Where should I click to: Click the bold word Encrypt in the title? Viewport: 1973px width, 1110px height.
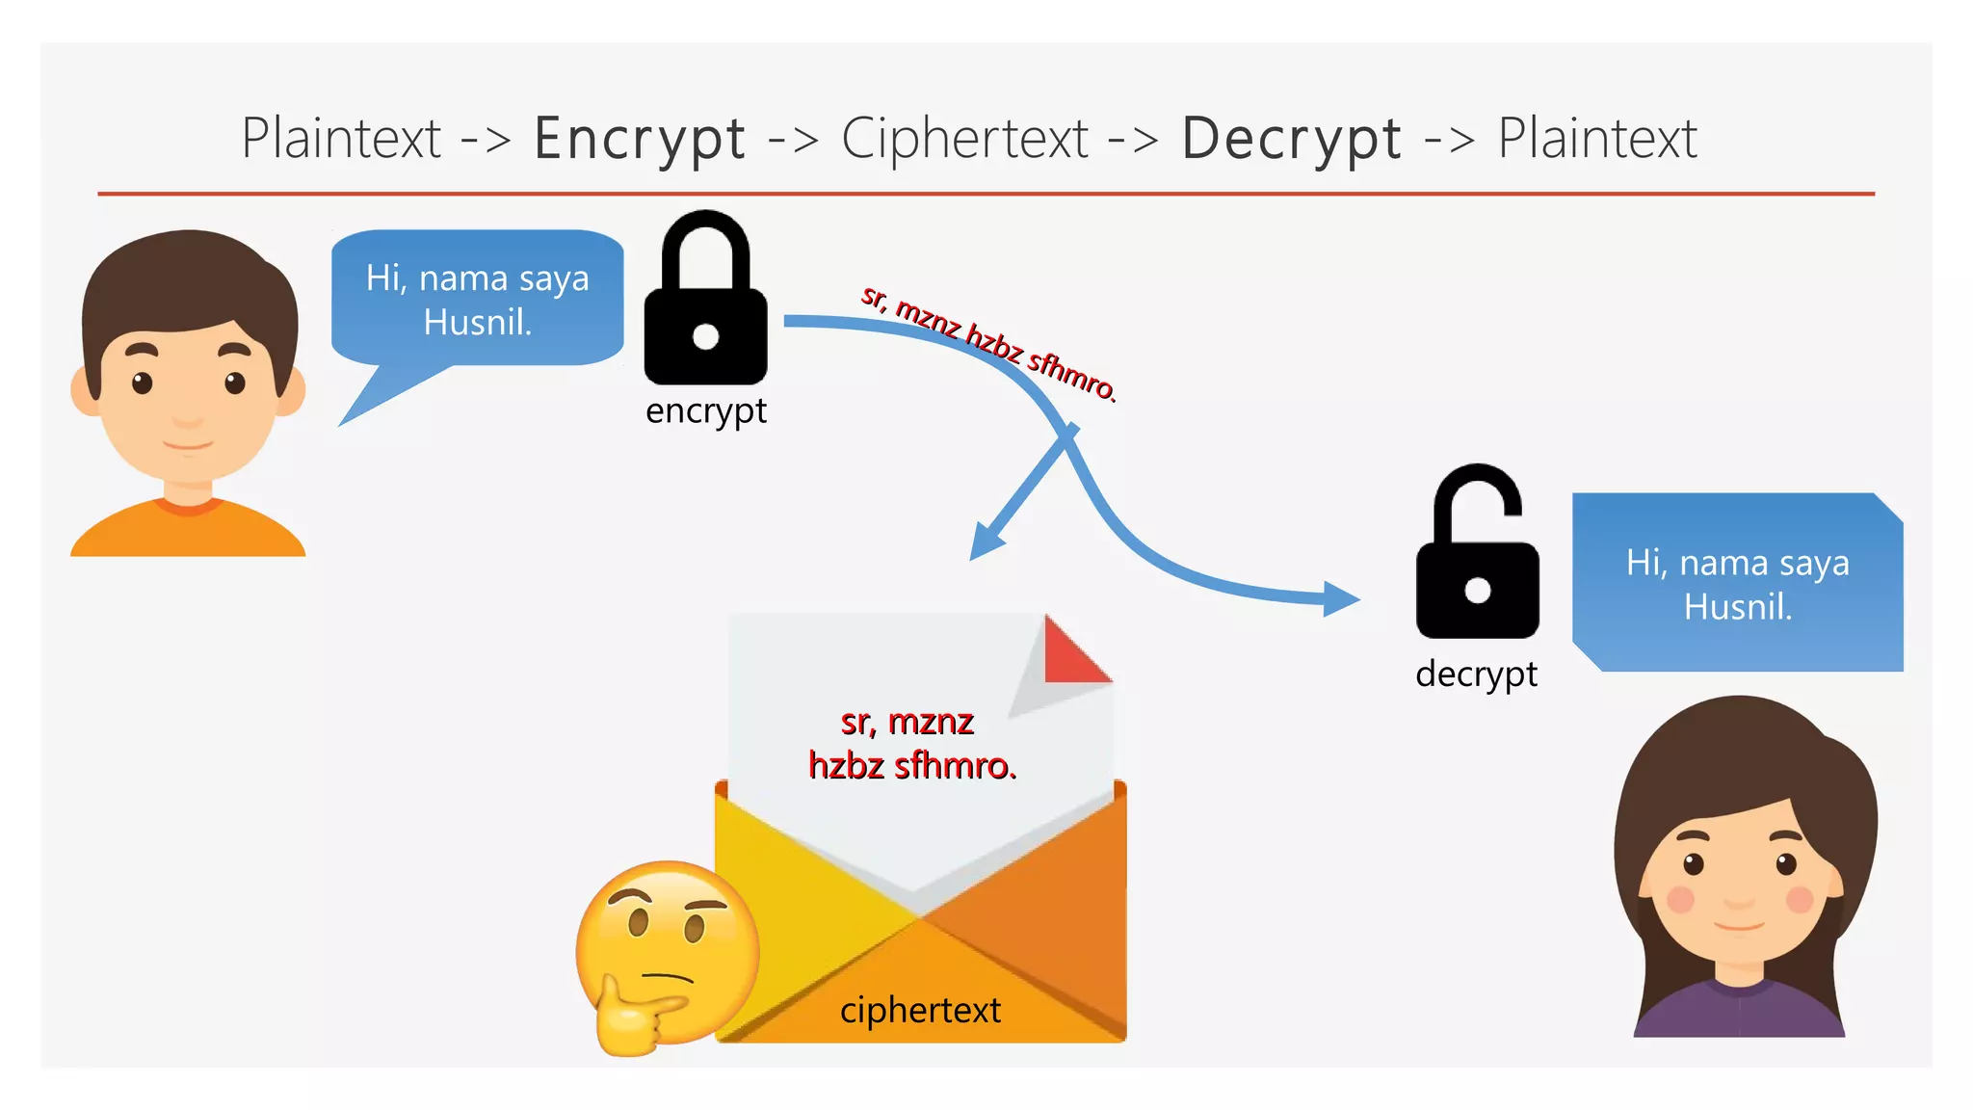click(x=640, y=139)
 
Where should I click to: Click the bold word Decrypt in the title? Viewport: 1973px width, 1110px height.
click(x=1291, y=139)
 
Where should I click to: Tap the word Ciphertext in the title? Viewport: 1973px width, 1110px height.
click(x=964, y=139)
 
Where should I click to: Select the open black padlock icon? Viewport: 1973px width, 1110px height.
click(x=1477, y=568)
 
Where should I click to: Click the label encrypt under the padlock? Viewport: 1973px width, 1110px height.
click(x=705, y=411)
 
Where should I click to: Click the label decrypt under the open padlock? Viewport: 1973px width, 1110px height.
click(x=1476, y=674)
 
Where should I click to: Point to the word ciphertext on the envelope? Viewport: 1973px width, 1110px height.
click(x=920, y=1010)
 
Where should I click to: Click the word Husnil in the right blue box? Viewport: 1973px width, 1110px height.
click(x=1736, y=607)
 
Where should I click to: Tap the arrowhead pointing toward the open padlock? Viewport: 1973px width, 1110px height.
click(x=1341, y=598)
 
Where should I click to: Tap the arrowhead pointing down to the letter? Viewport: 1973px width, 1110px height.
click(x=985, y=542)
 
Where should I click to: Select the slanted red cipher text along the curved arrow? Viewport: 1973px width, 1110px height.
click(x=988, y=342)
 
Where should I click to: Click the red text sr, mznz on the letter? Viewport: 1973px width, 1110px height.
click(x=907, y=721)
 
